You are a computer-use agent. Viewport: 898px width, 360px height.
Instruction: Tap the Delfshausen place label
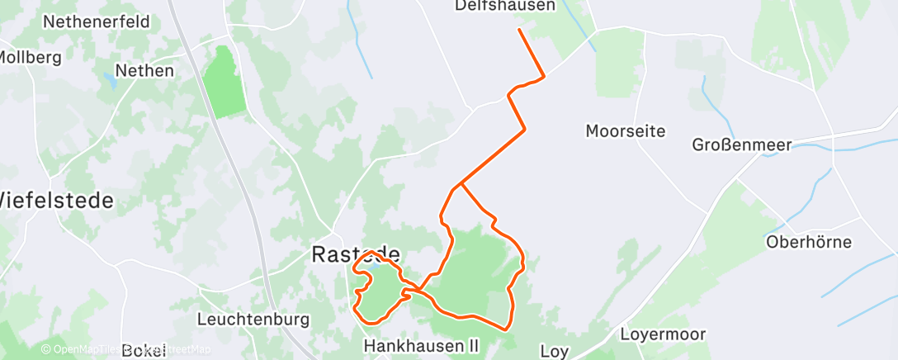click(518, 7)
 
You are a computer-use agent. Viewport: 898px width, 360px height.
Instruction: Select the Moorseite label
click(625, 130)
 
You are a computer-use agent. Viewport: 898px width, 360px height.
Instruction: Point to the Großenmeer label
click(741, 145)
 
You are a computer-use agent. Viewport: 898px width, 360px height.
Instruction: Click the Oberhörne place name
click(808, 242)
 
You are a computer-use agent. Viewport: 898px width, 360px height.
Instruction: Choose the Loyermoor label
click(663, 334)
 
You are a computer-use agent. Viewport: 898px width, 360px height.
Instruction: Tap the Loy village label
click(555, 351)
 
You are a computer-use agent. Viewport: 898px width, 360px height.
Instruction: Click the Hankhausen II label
click(424, 346)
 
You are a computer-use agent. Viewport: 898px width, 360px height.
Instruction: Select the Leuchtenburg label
click(241, 319)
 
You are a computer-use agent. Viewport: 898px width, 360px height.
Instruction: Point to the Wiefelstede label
click(54, 201)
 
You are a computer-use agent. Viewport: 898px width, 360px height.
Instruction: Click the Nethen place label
click(144, 71)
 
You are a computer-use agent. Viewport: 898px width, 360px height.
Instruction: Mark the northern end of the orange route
click(519, 30)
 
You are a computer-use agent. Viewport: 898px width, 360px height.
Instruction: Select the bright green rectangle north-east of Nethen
click(224, 83)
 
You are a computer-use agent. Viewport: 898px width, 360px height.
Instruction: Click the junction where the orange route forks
click(461, 182)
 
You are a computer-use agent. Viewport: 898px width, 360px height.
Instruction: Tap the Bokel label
click(143, 351)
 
